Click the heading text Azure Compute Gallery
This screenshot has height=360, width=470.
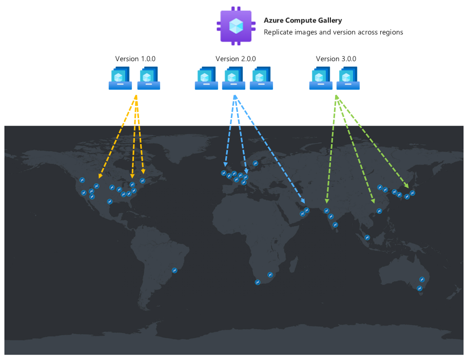pyautogui.click(x=303, y=21)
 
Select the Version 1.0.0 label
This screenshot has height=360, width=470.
pyautogui.click(x=135, y=59)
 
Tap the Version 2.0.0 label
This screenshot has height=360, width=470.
pyautogui.click(x=236, y=59)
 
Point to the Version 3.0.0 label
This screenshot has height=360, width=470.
pyautogui.click(x=336, y=59)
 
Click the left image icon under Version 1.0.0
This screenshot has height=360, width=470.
pyautogui.click(x=120, y=78)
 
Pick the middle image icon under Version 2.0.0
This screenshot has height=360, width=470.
pyautogui.click(x=233, y=78)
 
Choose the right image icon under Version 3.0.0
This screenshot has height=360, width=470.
pyautogui.click(x=348, y=78)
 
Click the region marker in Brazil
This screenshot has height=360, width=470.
pyautogui.click(x=174, y=270)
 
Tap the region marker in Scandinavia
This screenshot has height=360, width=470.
pyautogui.click(x=255, y=164)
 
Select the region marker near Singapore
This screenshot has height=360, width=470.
pyautogui.click(x=367, y=237)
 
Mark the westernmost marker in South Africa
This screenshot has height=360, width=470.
pyautogui.click(x=258, y=282)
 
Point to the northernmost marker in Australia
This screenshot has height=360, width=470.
pyautogui.click(x=422, y=279)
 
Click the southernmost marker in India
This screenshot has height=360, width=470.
pyautogui.click(x=335, y=225)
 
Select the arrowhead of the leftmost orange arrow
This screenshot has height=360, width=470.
pyautogui.click(x=100, y=175)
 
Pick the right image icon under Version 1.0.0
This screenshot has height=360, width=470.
pyautogui.click(x=149, y=78)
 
